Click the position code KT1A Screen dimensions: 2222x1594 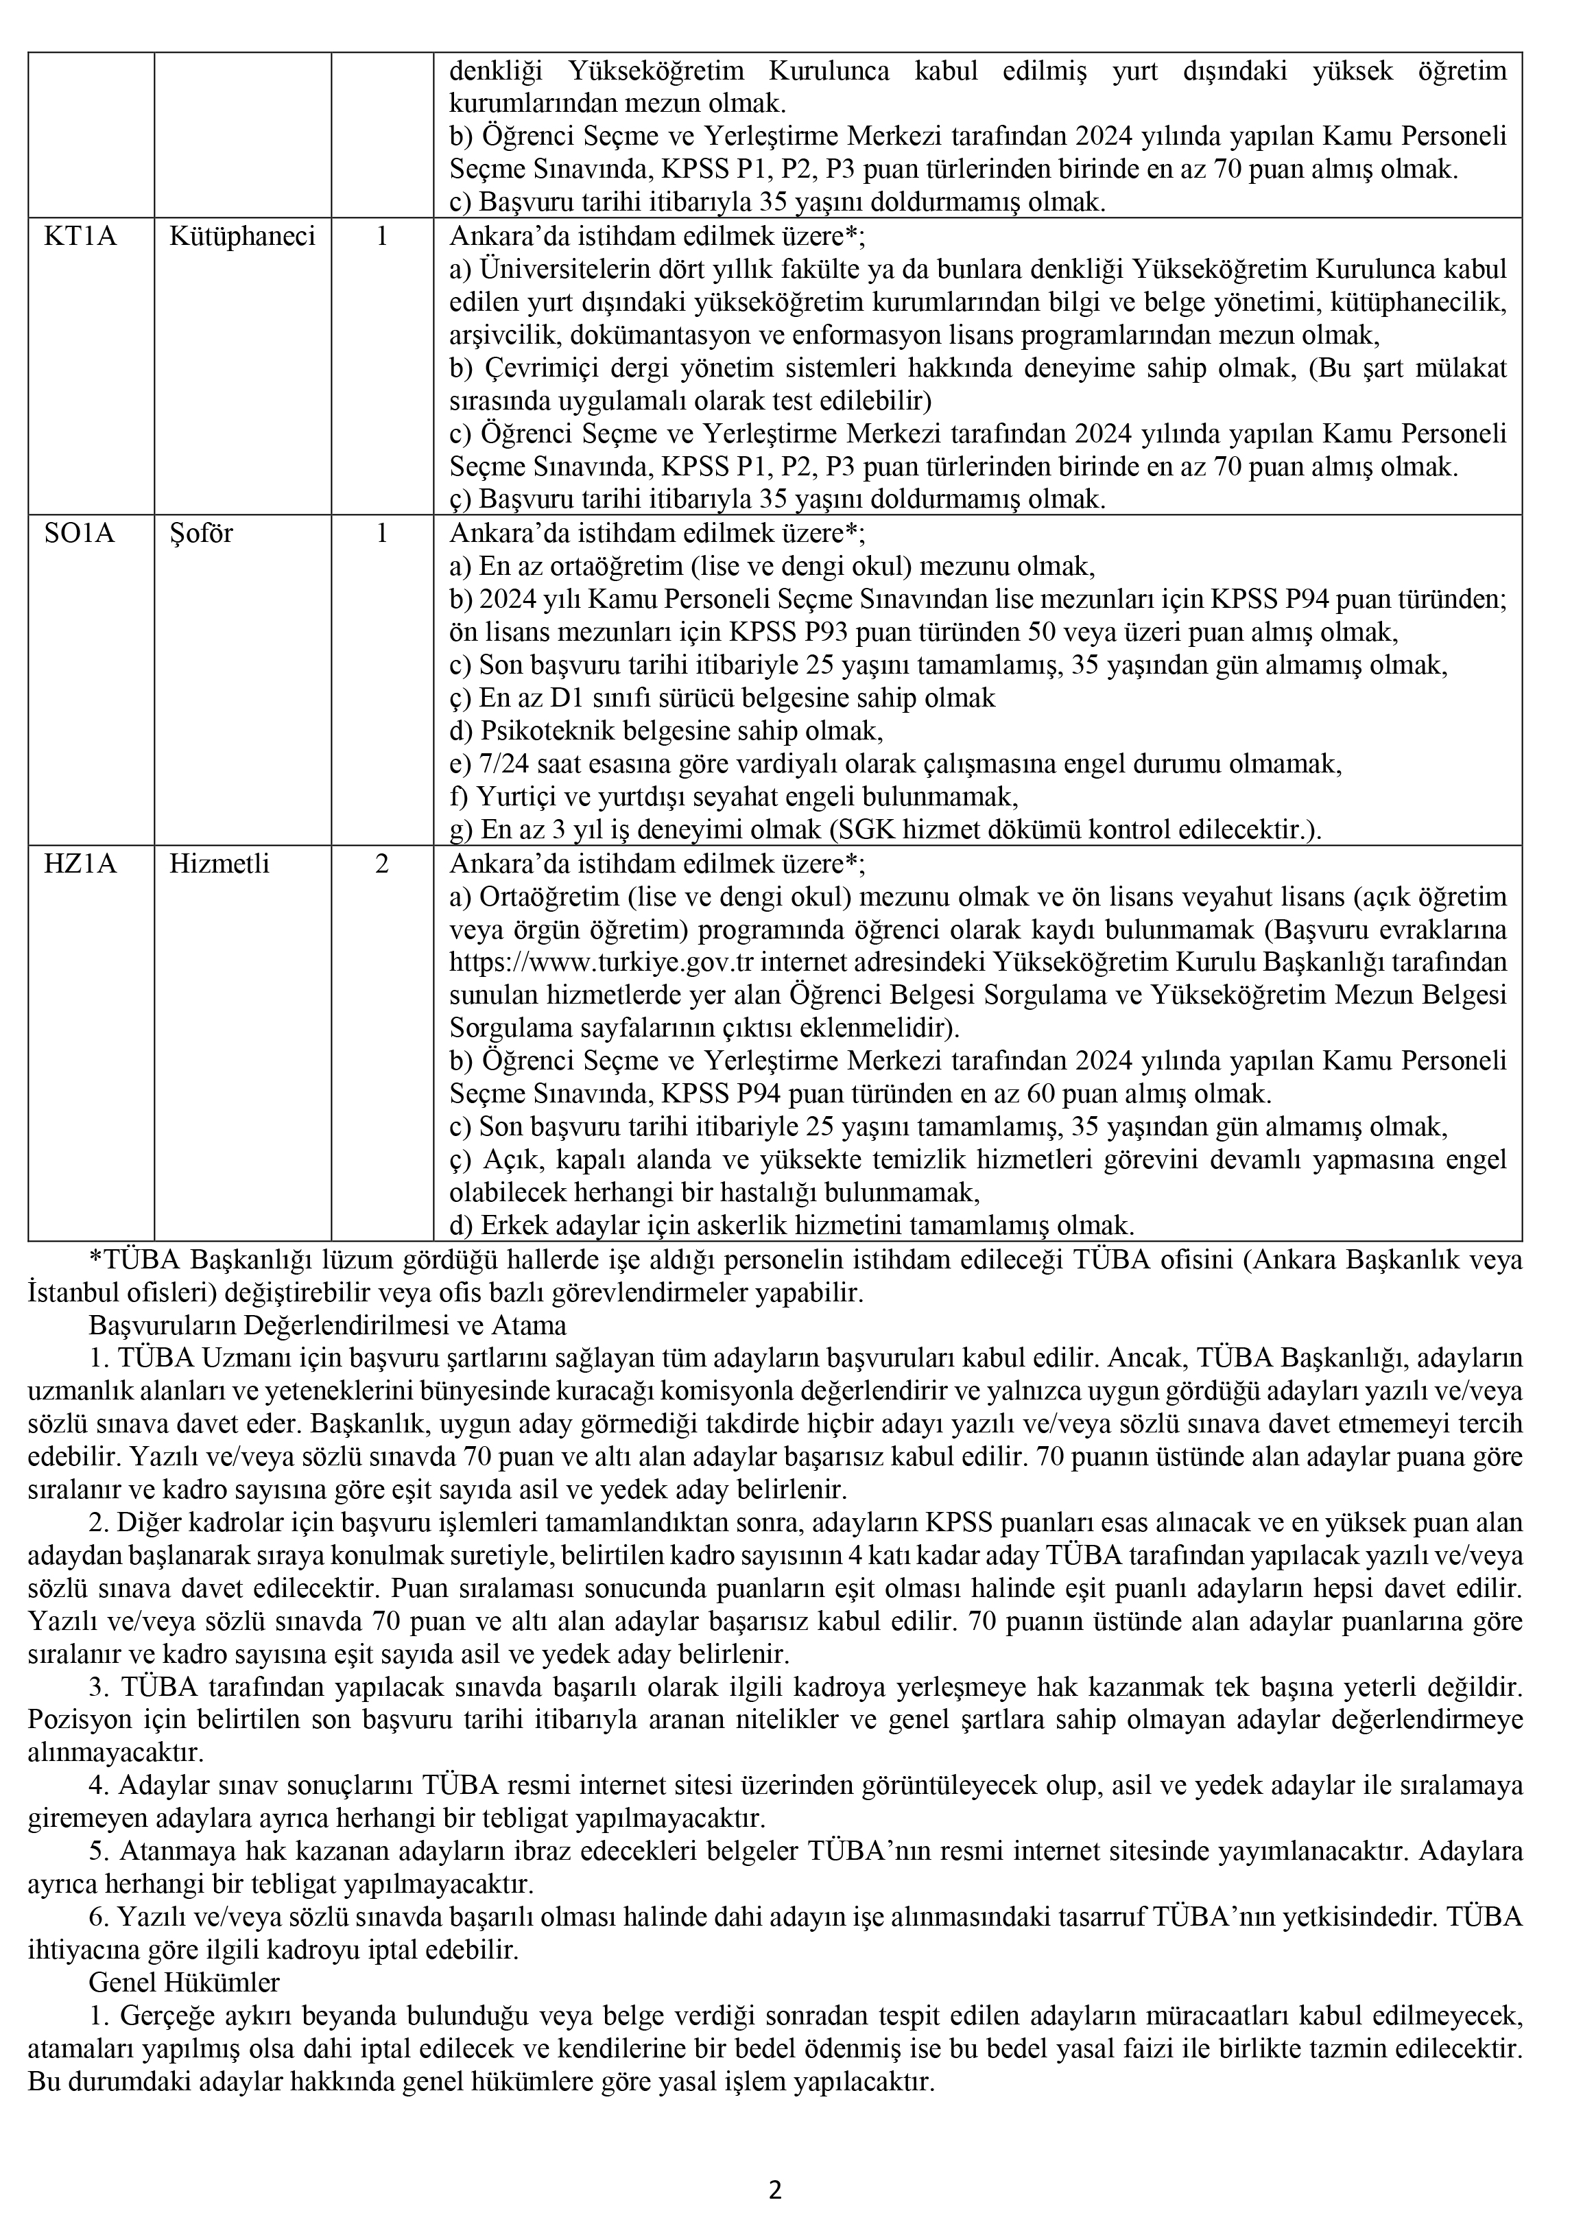[80, 236]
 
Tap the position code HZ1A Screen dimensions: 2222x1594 [80, 863]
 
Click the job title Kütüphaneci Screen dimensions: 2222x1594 [242, 236]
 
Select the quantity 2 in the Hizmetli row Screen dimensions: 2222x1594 [382, 863]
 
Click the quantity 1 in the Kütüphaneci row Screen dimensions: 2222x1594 [382, 236]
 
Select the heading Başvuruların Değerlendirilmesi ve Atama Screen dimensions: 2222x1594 [327, 1325]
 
